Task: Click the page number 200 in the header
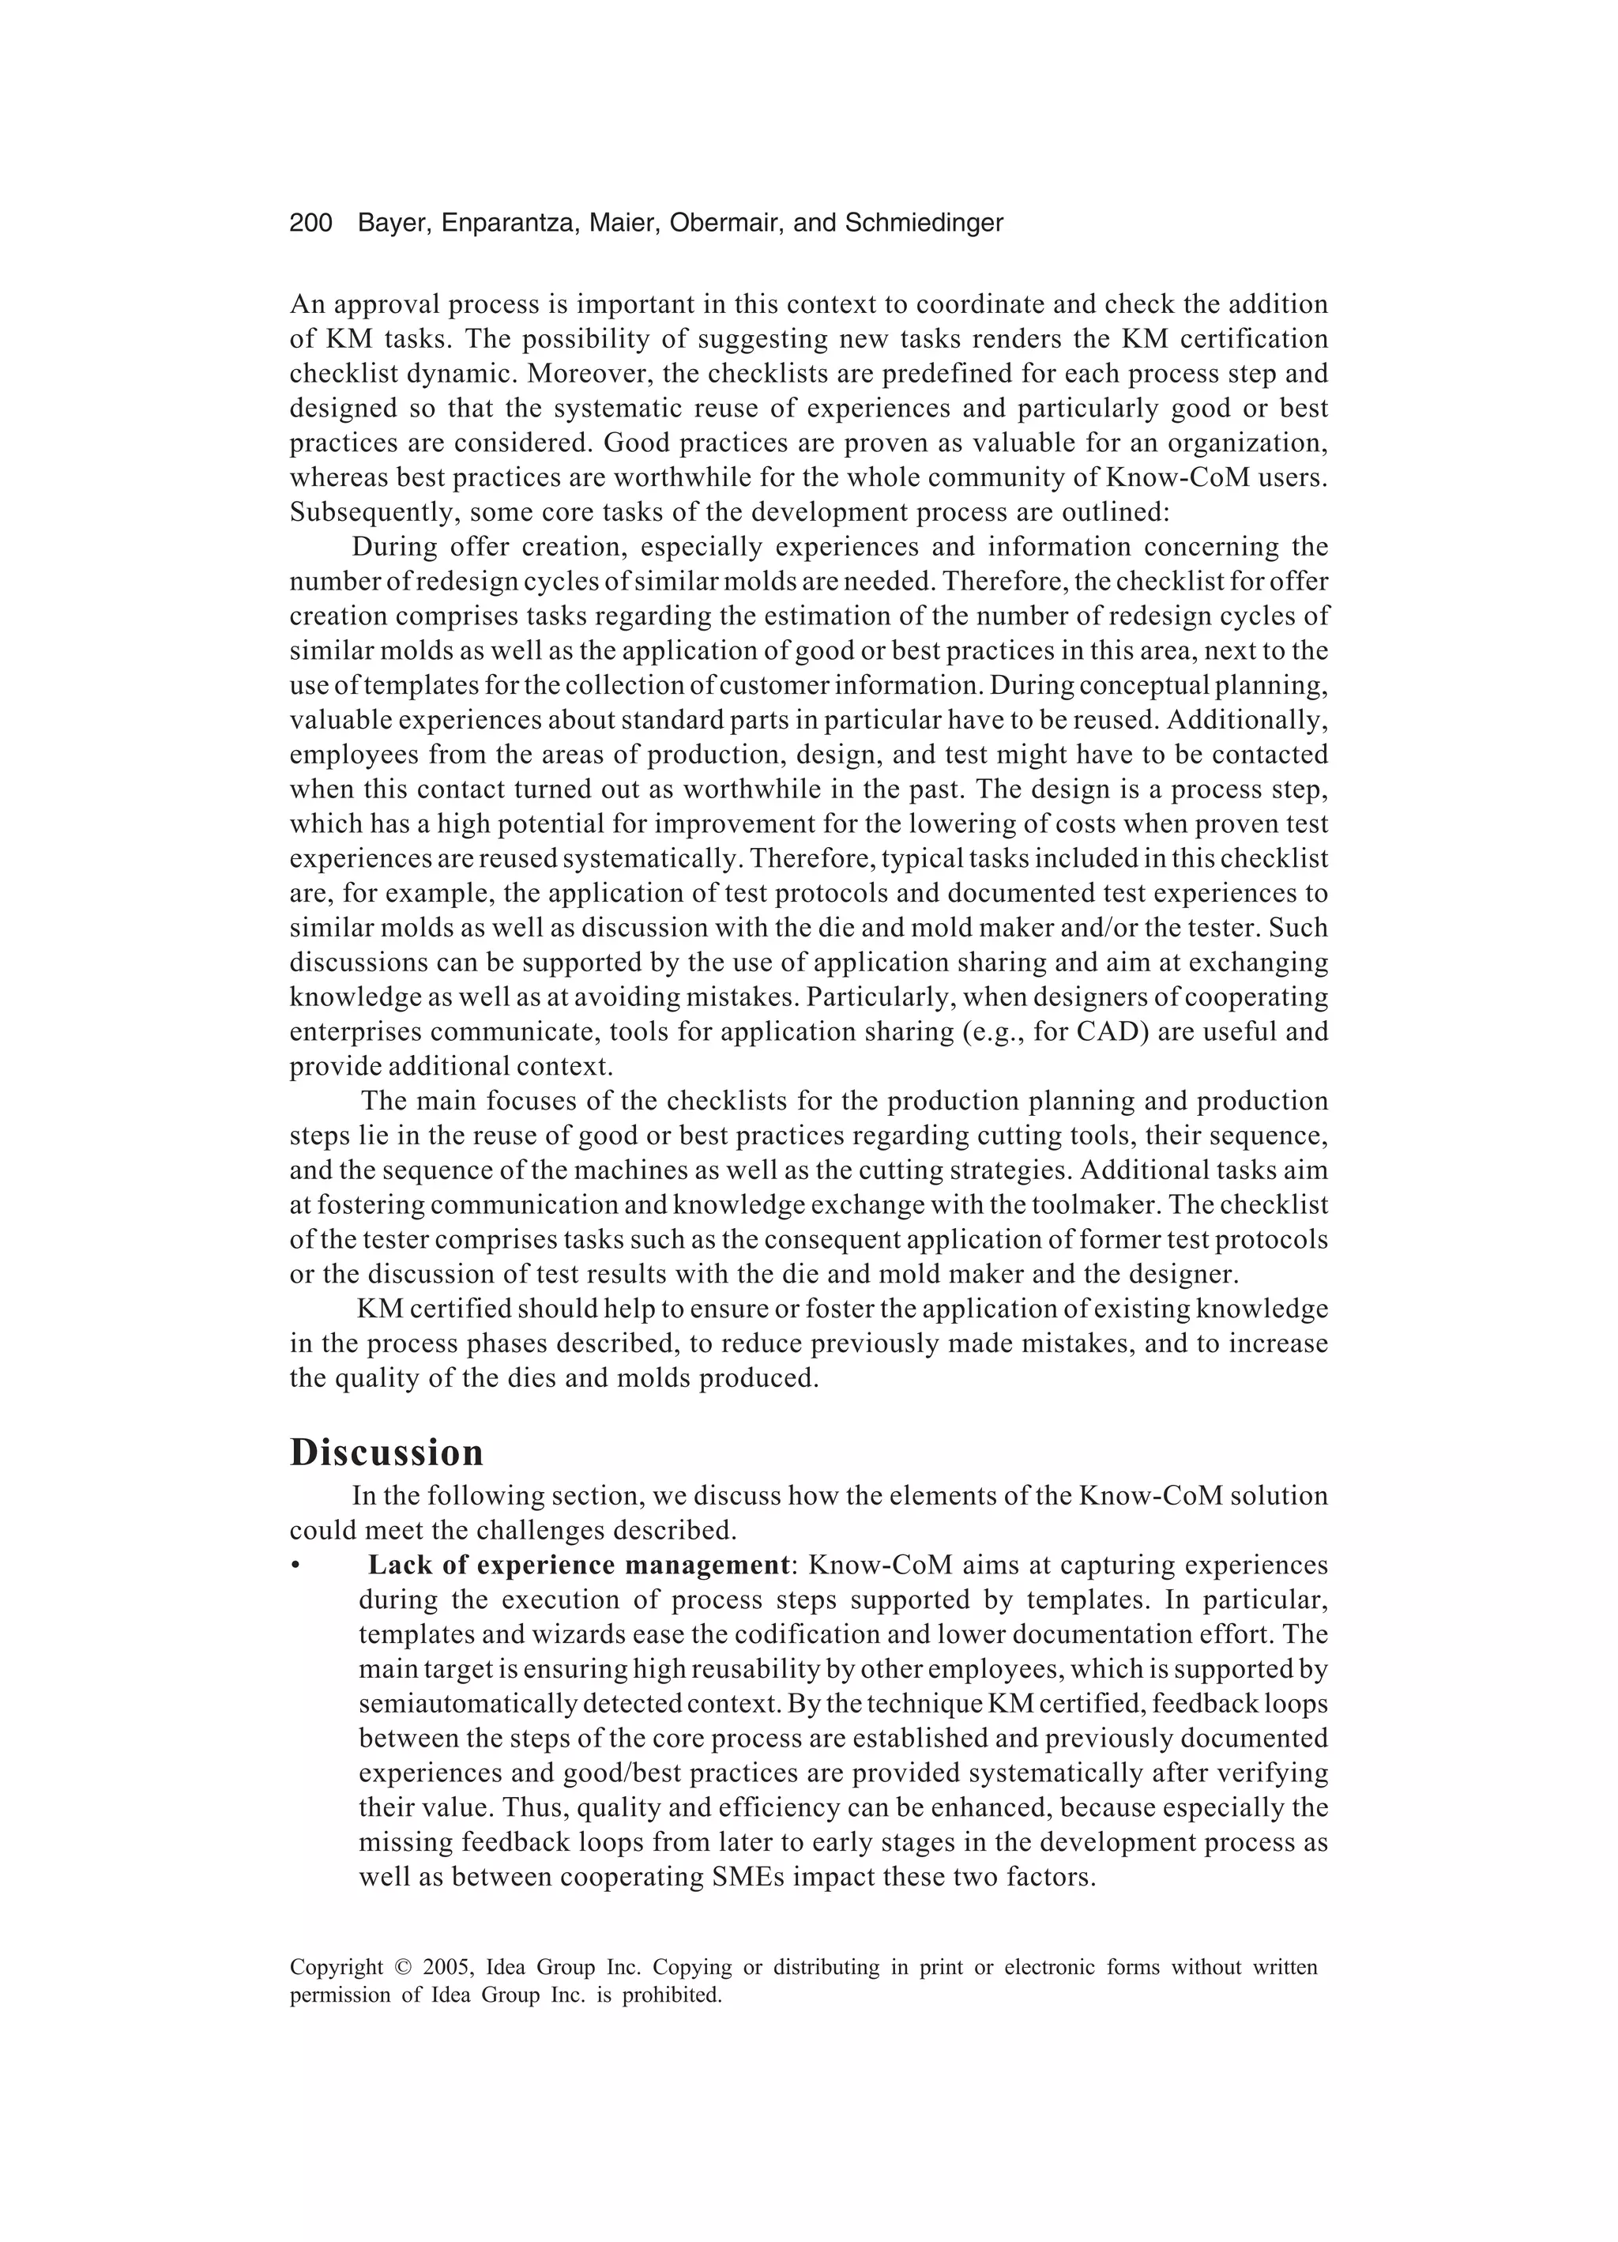tap(310, 224)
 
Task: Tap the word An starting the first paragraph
tap(307, 304)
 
